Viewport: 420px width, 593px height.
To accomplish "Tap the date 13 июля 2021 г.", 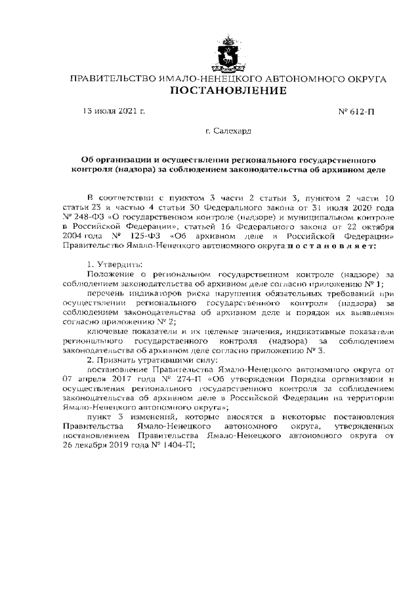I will [112, 111].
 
